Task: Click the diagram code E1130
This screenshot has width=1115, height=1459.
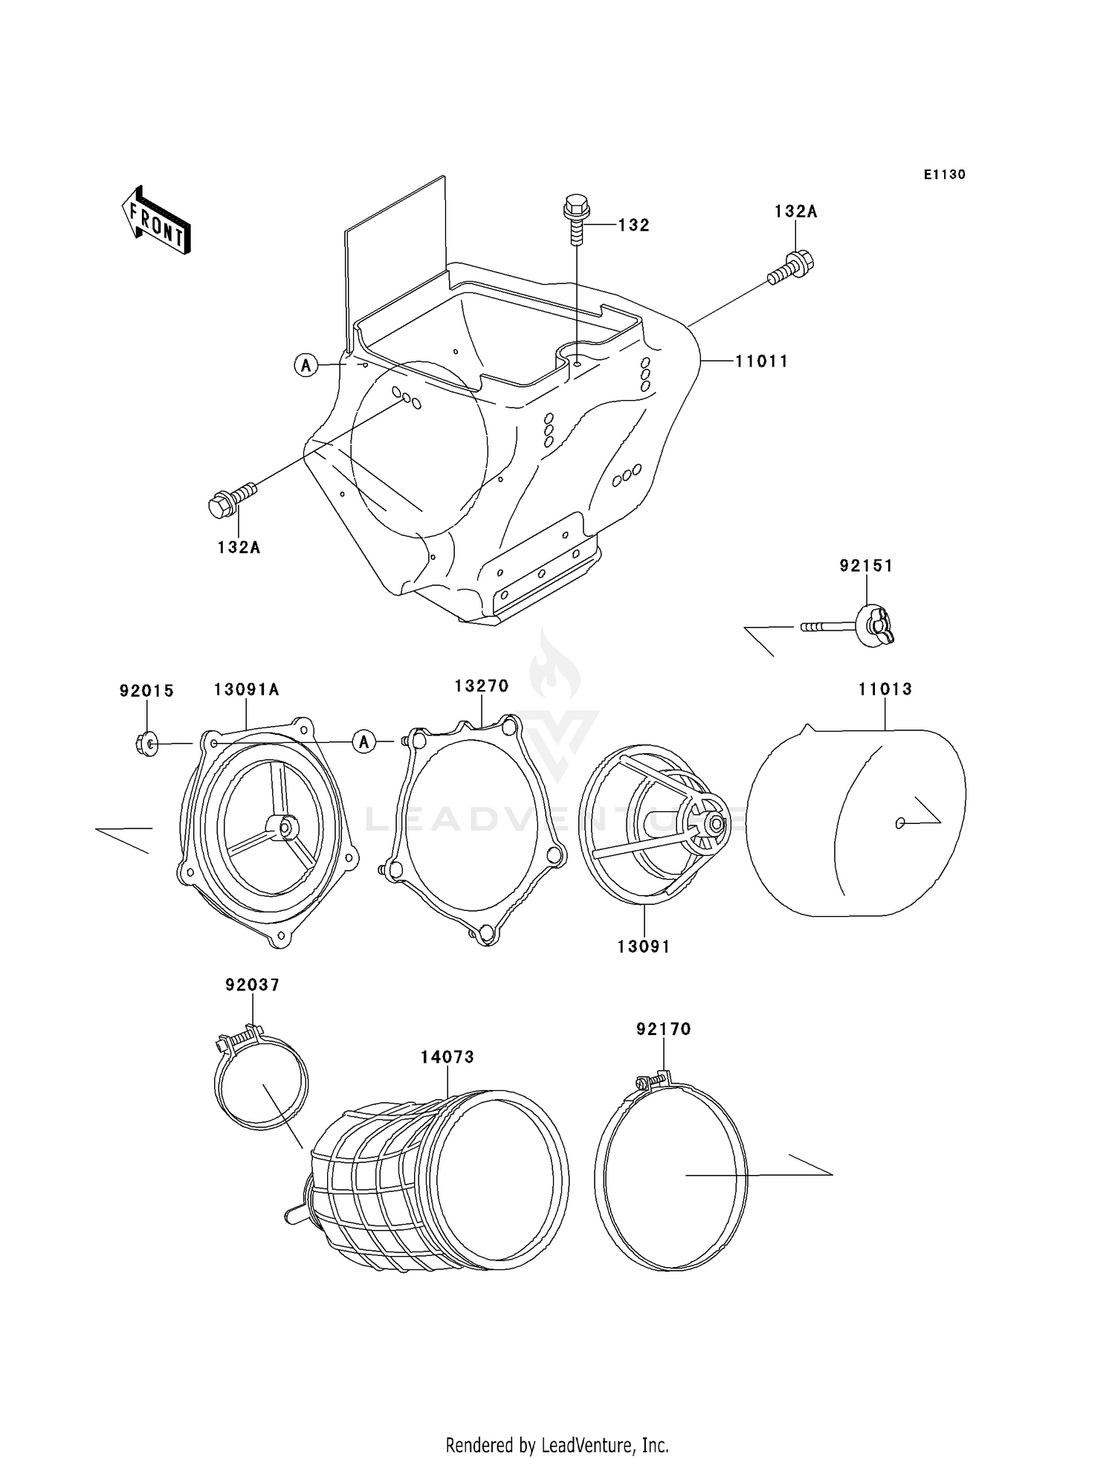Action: (x=944, y=175)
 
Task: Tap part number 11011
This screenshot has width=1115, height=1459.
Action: (x=761, y=361)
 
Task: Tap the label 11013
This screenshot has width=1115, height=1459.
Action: (x=885, y=689)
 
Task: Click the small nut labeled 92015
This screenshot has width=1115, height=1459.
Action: (x=146, y=743)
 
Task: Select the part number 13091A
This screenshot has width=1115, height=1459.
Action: (x=246, y=690)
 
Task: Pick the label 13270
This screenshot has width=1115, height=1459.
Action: (x=482, y=686)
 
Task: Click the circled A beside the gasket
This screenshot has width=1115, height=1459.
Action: (x=364, y=742)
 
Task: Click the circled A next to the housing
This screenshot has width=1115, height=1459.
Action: (x=306, y=365)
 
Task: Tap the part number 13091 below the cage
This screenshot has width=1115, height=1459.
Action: (x=643, y=947)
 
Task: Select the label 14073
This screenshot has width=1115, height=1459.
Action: (x=447, y=1057)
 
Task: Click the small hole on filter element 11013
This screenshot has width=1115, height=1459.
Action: (x=900, y=822)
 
